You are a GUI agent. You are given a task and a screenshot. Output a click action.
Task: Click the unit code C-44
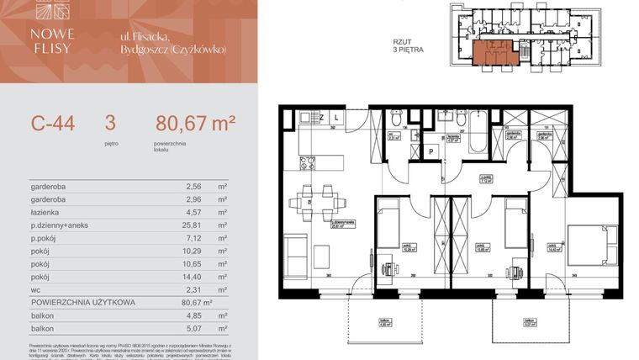[x=53, y=124]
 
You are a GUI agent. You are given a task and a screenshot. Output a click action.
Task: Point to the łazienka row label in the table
[x=47, y=213]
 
